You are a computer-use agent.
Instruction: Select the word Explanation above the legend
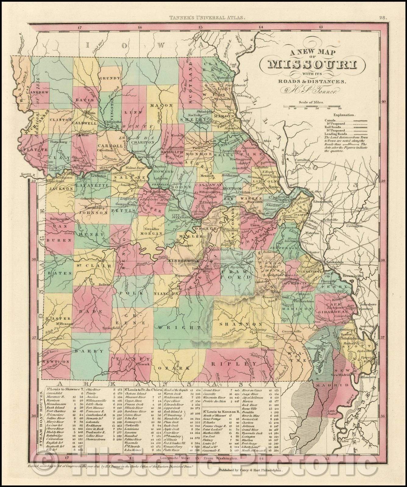344,115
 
